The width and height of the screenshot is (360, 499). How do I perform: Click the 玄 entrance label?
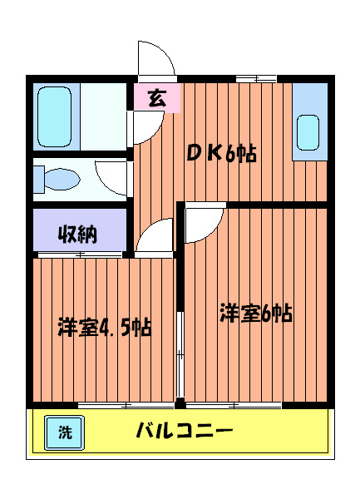[155, 98]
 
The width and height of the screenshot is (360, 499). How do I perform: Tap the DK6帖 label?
[219, 154]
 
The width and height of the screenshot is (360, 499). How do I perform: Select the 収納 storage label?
[77, 235]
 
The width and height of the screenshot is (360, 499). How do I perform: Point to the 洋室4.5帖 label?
[104, 326]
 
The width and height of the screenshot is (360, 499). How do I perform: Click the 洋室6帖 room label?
[255, 314]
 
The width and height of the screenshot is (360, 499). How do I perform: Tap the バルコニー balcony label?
[185, 432]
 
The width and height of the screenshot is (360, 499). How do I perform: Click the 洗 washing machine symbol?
[64, 432]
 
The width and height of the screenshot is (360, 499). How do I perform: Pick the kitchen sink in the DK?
[308, 132]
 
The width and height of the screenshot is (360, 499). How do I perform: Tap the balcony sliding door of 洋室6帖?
[234, 405]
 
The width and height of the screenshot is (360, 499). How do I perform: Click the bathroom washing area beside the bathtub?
[102, 116]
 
